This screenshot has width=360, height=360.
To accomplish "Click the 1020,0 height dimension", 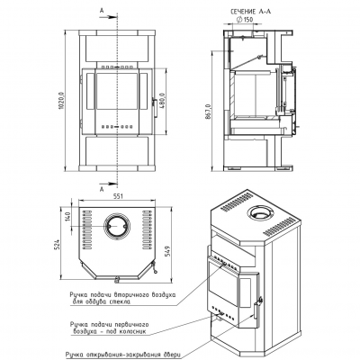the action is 61,103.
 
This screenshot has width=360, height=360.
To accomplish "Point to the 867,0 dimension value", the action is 208,112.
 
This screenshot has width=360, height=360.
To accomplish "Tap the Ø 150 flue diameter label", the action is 245,20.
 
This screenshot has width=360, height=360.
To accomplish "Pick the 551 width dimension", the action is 117,196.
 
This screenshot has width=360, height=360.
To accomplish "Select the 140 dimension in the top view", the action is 67,217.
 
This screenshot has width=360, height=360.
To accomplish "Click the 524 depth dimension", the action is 58,245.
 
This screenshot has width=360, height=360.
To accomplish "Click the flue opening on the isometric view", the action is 260,213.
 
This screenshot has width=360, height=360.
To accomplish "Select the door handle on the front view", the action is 155,107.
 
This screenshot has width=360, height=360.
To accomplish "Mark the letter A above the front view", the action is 102,10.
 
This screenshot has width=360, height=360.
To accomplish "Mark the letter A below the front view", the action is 102,189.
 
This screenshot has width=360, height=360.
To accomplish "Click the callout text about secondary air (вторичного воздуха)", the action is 122,298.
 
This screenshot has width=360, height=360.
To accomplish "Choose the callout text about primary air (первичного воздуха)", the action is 109,328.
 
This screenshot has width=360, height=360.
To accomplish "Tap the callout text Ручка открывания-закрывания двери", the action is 123,354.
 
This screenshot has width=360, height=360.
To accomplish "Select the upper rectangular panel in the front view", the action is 117,49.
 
